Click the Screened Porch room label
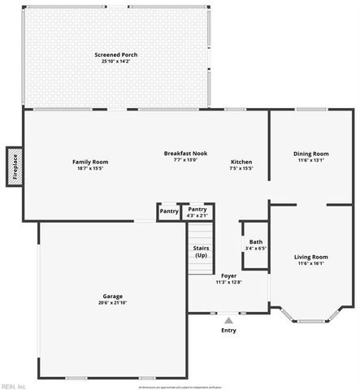(x=119, y=55)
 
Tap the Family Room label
(x=90, y=162)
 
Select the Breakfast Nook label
(x=185, y=153)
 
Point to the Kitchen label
(x=241, y=162)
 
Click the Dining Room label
(x=310, y=154)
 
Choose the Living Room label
(x=310, y=257)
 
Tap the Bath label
(x=256, y=241)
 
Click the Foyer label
(x=228, y=275)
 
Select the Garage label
(x=112, y=296)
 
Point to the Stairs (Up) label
(x=201, y=252)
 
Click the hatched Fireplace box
(x=14, y=167)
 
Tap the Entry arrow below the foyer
(x=228, y=319)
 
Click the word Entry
(x=228, y=331)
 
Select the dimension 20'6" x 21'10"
(x=112, y=303)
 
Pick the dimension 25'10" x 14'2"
(x=119, y=62)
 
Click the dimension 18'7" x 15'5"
(x=90, y=168)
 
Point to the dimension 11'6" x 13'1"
(x=310, y=160)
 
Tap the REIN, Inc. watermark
(x=15, y=385)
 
